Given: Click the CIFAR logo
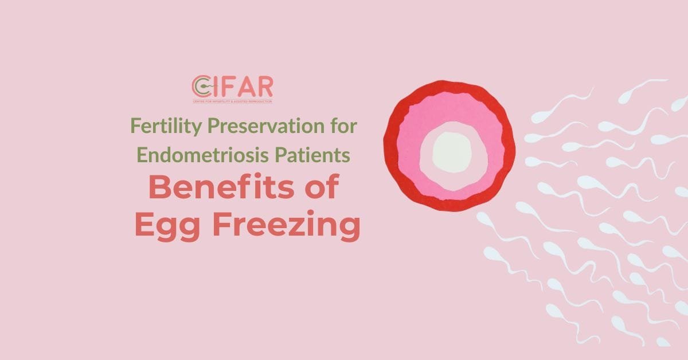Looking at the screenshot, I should pyautogui.click(x=232, y=89).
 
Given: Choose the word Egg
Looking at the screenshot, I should pyautogui.click(x=167, y=226).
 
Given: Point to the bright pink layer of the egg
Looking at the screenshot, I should pyautogui.click(x=409, y=150).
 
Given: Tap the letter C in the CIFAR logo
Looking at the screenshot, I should pyautogui.click(x=200, y=87).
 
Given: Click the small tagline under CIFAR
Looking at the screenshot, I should pyautogui.click(x=232, y=101).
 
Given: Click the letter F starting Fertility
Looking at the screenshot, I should pyautogui.click(x=135, y=126).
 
